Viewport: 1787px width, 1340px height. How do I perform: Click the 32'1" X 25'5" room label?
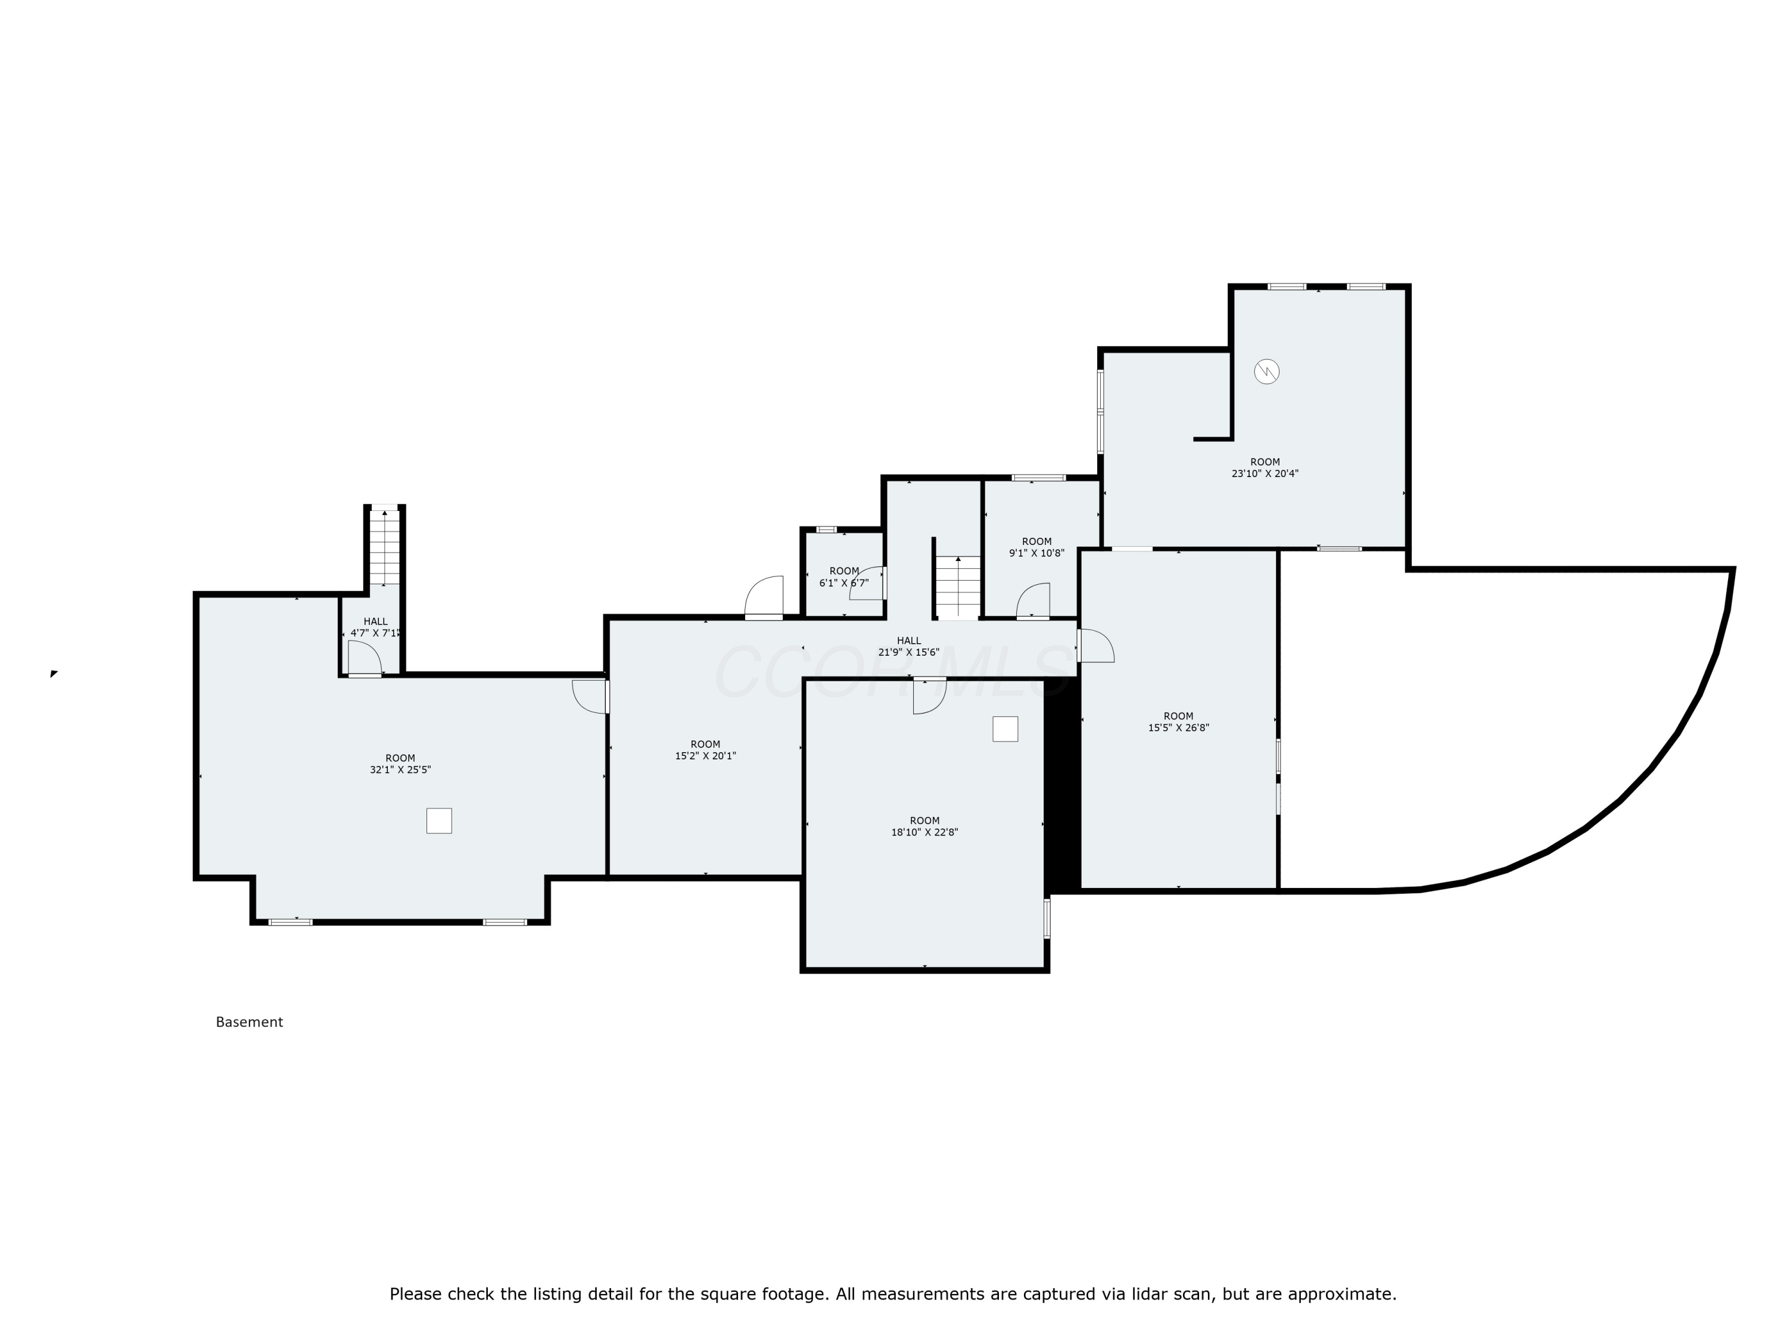click(400, 764)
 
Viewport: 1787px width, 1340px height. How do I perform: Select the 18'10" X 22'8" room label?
click(924, 826)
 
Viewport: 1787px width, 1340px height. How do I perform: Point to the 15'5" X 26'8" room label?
click(1179, 722)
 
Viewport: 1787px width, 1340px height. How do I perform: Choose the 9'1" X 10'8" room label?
click(1036, 548)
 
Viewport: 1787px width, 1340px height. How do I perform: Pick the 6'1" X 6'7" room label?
click(844, 576)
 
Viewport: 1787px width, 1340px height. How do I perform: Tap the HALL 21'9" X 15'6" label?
click(909, 647)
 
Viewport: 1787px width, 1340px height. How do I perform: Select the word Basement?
click(250, 1023)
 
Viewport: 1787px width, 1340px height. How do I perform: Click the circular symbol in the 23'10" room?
click(1267, 372)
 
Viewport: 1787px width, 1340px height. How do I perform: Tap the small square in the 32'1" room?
click(438, 821)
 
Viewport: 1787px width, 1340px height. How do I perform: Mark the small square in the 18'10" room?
click(1005, 728)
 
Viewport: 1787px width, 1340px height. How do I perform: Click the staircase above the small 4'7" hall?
click(385, 547)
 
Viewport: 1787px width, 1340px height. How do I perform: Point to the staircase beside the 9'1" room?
click(958, 587)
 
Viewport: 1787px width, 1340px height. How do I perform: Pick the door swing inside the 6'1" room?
click(867, 583)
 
